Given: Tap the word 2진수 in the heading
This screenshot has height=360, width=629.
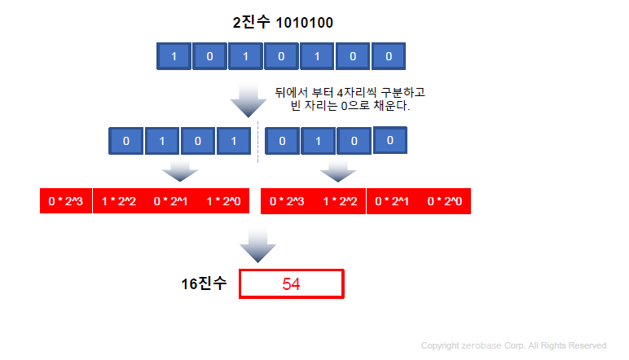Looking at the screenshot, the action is tap(249, 23).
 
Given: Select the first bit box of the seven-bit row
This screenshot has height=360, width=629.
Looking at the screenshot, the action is tap(174, 57).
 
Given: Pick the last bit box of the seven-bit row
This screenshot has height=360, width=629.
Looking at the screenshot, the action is tap(388, 57).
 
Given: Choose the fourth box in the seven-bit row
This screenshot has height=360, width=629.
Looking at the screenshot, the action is tap(281, 57).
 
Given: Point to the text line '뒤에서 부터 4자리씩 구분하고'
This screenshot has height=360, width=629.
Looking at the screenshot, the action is tap(350, 93).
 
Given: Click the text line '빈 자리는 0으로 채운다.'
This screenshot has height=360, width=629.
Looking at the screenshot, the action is tap(350, 107).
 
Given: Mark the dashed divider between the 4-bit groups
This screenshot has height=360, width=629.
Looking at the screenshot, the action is tap(257, 143).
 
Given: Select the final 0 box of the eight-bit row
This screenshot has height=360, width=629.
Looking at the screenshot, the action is tap(390, 141).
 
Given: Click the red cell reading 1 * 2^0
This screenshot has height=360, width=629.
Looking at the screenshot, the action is tap(224, 201).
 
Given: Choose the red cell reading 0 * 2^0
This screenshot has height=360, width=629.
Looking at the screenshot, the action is tap(445, 201).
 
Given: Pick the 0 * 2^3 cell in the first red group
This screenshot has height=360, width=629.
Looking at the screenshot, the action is tap(66, 201).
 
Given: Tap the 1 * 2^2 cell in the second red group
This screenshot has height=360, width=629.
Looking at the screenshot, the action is tap(340, 201).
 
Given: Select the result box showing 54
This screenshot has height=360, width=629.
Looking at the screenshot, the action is tap(292, 284).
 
